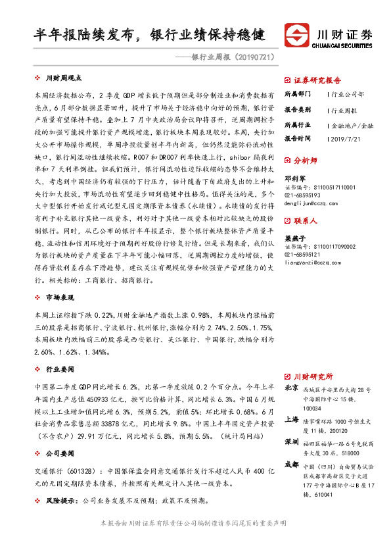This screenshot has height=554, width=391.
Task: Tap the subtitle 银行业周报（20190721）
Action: [231, 59]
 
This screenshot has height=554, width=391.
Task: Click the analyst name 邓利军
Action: [294, 178]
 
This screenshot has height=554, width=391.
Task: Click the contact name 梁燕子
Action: [294, 238]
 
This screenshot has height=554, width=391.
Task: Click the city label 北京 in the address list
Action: [291, 388]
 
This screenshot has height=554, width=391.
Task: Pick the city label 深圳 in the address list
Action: [291, 441]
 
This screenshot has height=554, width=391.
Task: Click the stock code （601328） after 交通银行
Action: [85, 472]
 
